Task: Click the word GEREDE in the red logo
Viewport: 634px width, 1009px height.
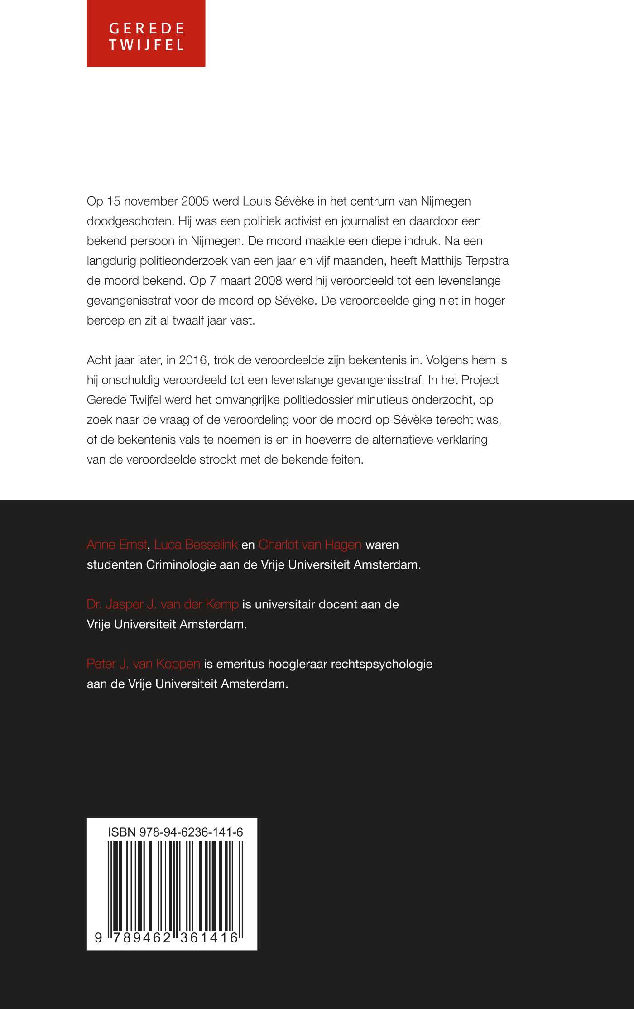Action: pos(146,29)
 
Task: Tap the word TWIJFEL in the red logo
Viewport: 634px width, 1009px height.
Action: pos(146,45)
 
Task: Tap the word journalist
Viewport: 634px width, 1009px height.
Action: pos(352,221)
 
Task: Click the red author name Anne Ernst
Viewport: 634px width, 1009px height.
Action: pos(117,545)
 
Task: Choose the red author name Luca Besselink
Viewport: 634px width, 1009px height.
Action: pos(196,545)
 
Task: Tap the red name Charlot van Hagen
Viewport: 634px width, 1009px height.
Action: pos(310,545)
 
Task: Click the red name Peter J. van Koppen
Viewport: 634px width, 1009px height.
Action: pos(143,664)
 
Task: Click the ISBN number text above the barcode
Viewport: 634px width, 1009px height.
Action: pos(175,832)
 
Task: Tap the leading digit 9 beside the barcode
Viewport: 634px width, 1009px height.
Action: pos(98,937)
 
